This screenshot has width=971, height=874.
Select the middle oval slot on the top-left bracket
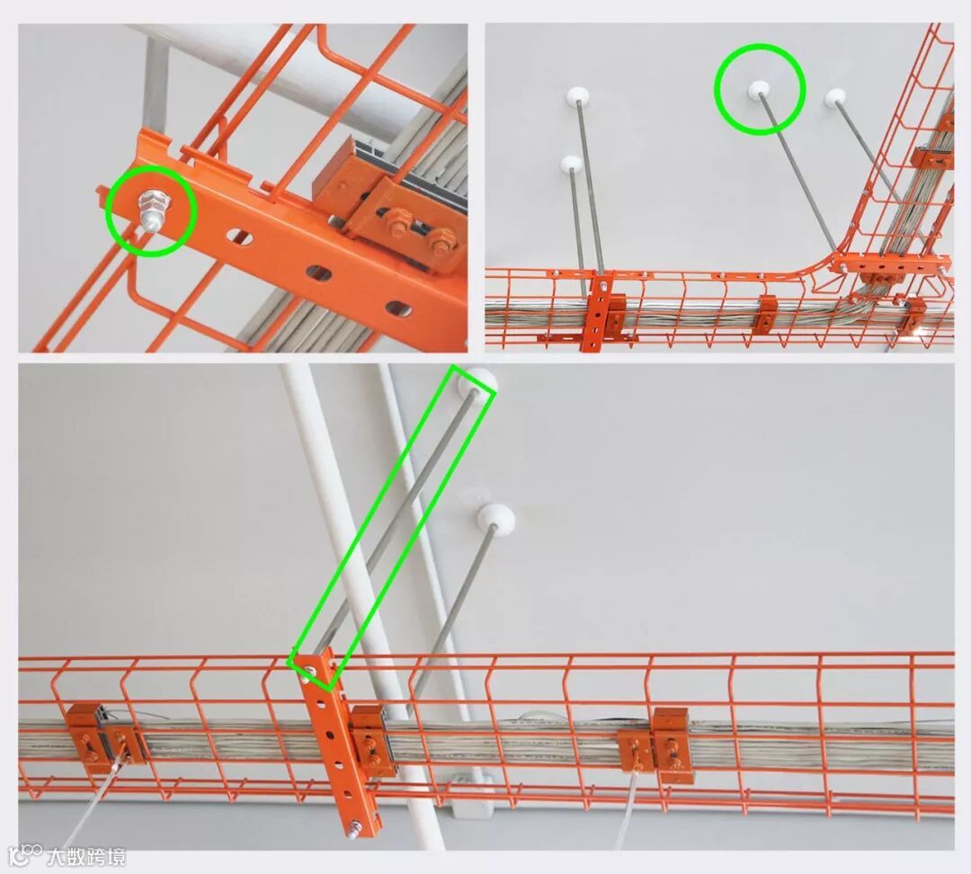tap(317, 272)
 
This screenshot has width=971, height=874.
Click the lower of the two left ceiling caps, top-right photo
tap(571, 164)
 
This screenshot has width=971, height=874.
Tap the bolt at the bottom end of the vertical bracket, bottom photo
tap(356, 827)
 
